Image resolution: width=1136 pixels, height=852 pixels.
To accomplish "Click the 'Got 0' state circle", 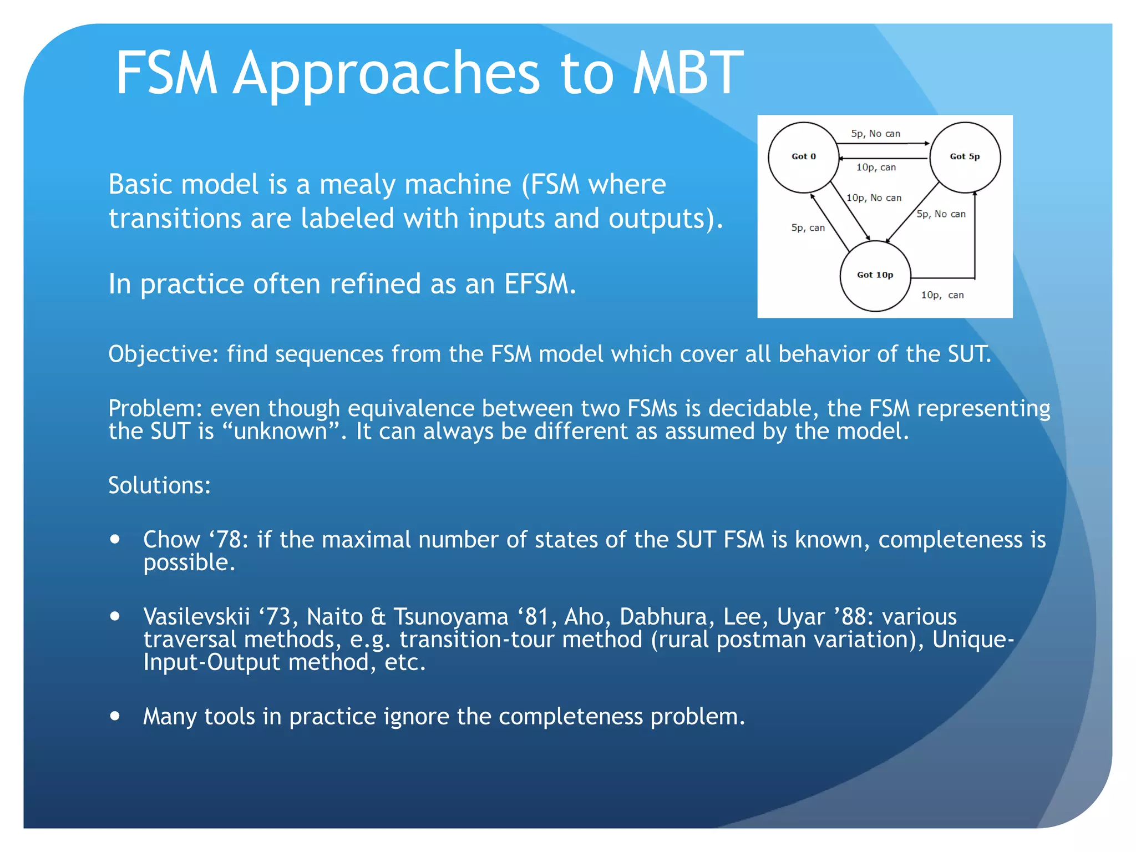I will (x=803, y=157).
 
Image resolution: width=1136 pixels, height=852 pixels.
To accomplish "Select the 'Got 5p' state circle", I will (x=965, y=157).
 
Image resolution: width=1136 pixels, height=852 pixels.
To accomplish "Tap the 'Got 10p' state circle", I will (x=875, y=275).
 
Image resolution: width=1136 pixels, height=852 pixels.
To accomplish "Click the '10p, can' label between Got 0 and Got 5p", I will (x=876, y=168).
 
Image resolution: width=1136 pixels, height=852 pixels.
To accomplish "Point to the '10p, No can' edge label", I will (x=874, y=198).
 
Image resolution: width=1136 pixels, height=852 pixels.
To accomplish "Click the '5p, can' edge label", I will (x=808, y=228).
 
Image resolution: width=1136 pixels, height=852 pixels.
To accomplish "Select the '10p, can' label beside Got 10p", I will (x=942, y=295).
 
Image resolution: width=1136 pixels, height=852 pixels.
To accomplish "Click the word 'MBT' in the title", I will (x=688, y=73).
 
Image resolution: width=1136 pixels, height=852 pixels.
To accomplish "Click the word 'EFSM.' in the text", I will (x=540, y=284).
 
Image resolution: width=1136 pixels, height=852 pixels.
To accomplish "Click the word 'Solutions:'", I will (x=159, y=486).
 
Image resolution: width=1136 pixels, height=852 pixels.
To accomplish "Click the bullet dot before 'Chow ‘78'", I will (x=115, y=539).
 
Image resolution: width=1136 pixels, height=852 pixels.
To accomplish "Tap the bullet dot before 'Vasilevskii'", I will (x=115, y=616).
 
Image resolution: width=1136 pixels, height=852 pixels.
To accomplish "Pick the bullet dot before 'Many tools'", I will (x=115, y=716).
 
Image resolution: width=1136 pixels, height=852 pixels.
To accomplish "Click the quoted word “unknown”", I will (x=281, y=432).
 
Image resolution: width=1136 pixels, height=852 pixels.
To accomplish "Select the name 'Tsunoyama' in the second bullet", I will (x=450, y=617).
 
